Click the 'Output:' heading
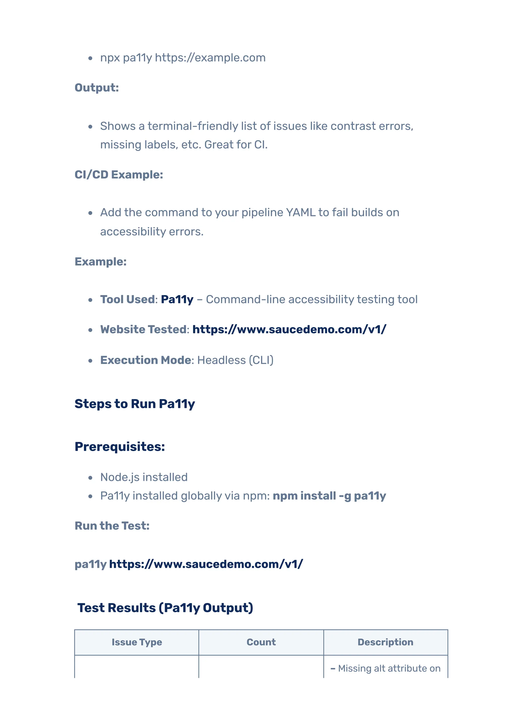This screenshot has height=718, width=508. [x=97, y=87]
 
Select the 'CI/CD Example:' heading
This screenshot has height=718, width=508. [x=119, y=174]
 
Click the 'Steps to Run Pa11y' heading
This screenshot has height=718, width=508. [x=135, y=404]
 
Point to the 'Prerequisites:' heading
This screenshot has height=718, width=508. [x=120, y=446]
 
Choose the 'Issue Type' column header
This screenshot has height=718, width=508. [x=137, y=642]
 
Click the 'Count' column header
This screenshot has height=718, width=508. [x=261, y=642]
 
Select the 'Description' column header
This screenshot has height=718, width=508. [x=385, y=642]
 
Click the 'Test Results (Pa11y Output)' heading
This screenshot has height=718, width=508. [x=165, y=608]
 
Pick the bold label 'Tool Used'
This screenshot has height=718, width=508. [x=127, y=299]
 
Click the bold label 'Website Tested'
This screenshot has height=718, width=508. [x=143, y=329]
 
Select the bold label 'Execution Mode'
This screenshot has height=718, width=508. [x=146, y=360]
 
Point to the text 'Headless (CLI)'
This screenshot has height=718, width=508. [x=235, y=360]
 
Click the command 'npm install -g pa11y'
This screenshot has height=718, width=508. [x=329, y=496]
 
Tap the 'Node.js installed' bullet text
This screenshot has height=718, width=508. [x=144, y=477]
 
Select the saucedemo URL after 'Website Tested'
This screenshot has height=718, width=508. [x=289, y=329]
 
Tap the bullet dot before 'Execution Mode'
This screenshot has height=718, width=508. [x=91, y=360]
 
